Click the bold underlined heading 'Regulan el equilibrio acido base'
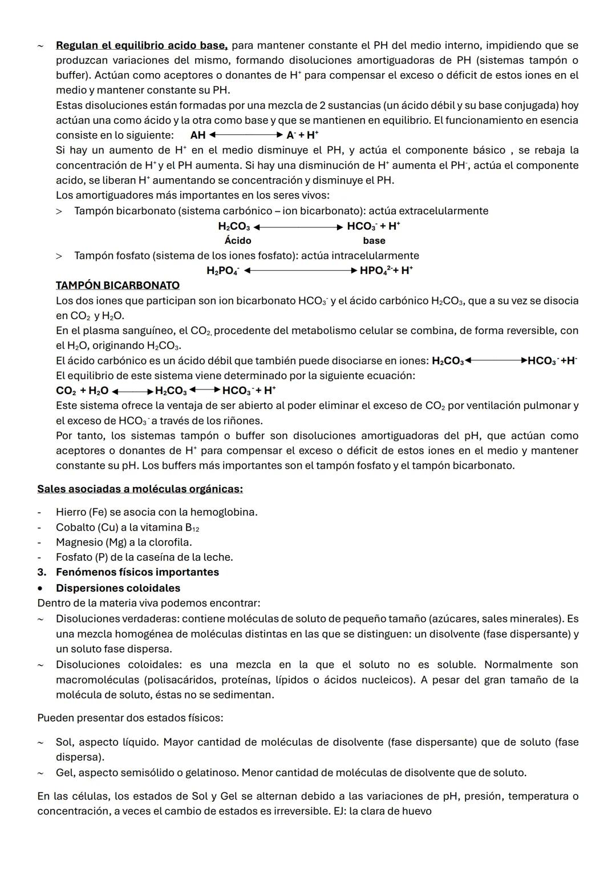[141, 45]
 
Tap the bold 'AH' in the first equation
[198, 135]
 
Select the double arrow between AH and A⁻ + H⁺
[245, 135]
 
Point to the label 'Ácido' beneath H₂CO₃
[238, 240]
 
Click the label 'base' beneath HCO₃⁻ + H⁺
[374, 240]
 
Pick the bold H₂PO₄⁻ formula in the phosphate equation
[223, 271]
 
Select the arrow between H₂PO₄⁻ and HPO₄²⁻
[300, 271]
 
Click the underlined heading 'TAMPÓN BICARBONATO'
[117, 286]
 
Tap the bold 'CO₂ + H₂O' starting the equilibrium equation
[82, 391]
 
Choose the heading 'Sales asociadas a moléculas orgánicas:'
[140, 489]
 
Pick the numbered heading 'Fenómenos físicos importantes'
[137, 572]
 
